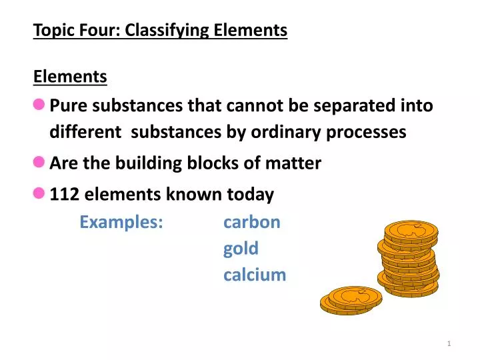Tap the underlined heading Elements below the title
coord(70,77)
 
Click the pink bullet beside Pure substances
coord(39,105)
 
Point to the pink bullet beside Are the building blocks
coord(39,162)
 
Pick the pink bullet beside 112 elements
coord(39,193)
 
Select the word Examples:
coord(121,222)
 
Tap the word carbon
coord(252,222)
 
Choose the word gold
coord(241,249)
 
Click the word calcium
coord(255,275)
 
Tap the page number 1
coord(449,343)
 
